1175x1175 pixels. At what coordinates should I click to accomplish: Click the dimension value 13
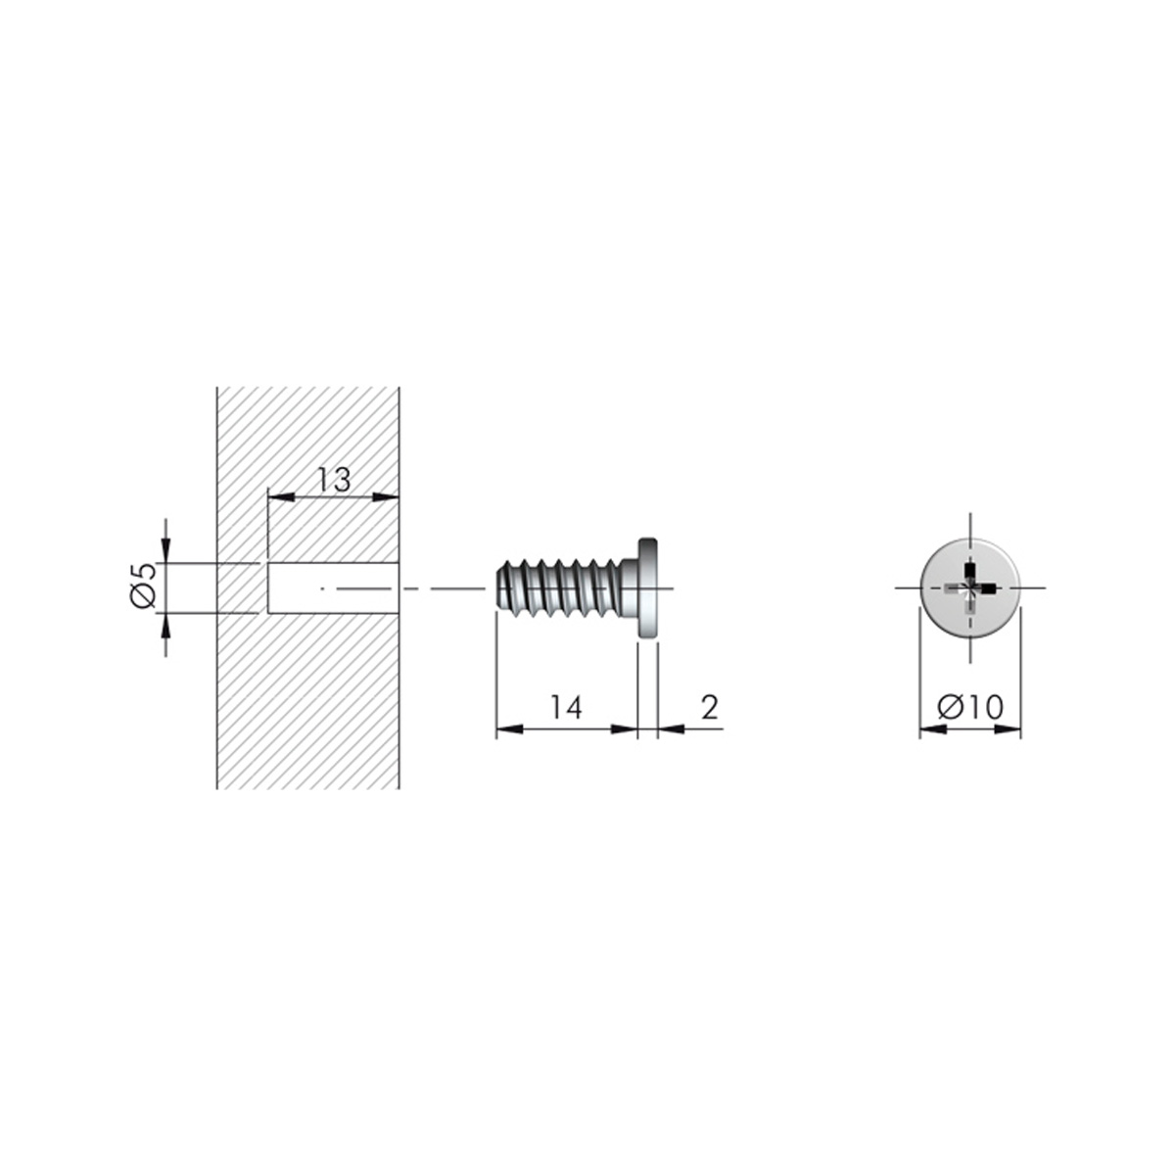(x=334, y=480)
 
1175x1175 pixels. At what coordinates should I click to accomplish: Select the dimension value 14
(x=566, y=707)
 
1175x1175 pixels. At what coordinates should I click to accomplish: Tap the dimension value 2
(x=710, y=707)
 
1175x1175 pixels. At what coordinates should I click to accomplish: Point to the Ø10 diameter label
(x=970, y=707)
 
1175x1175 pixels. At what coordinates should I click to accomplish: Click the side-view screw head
(x=648, y=587)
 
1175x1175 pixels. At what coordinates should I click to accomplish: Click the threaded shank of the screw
(x=563, y=587)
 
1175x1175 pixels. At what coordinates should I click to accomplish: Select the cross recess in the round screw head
(x=969, y=587)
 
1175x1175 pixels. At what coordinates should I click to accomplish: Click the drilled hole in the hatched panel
(x=333, y=588)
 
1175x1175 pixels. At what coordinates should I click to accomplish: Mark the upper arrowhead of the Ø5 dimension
(x=165, y=552)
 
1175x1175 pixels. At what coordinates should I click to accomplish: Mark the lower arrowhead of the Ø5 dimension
(x=165, y=625)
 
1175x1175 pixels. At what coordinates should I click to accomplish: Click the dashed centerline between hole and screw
(x=441, y=588)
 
